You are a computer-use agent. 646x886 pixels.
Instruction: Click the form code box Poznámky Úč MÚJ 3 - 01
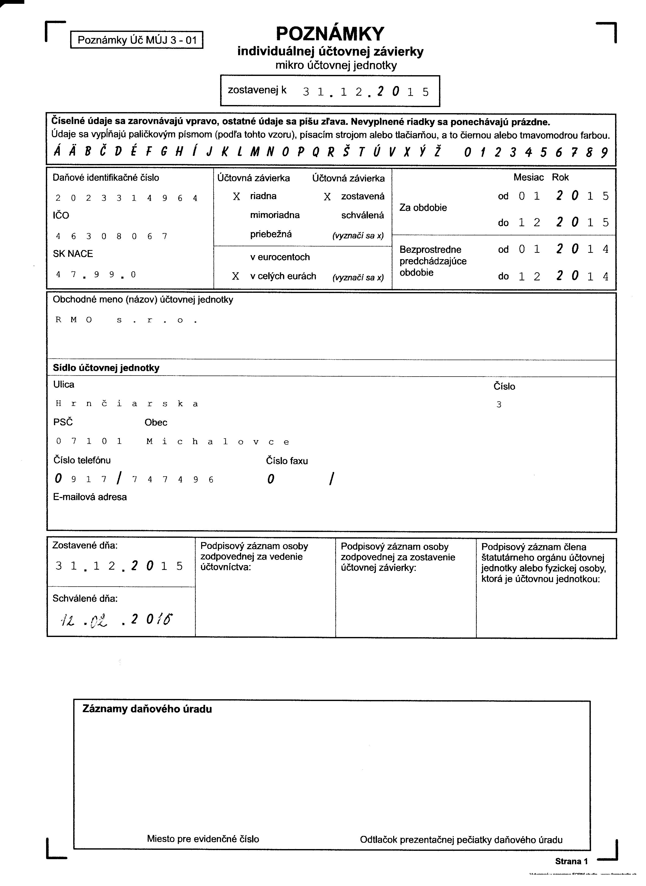(x=137, y=40)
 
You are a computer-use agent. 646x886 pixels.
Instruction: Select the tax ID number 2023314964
(x=126, y=198)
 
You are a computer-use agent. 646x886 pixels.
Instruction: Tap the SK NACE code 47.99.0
(x=96, y=275)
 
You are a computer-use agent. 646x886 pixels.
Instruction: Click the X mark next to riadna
(x=236, y=196)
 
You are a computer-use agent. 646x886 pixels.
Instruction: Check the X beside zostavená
(x=327, y=197)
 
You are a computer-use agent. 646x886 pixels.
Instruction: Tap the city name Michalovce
(x=218, y=442)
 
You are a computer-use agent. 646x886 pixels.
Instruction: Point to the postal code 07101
(x=89, y=441)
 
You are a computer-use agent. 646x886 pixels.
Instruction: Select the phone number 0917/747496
(x=134, y=479)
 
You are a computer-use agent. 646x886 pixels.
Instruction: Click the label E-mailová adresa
(x=90, y=497)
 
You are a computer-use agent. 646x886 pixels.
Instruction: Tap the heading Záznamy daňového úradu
(x=147, y=709)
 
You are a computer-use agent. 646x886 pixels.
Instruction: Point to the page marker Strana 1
(x=571, y=861)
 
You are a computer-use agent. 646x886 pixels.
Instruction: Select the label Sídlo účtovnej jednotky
(x=106, y=368)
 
